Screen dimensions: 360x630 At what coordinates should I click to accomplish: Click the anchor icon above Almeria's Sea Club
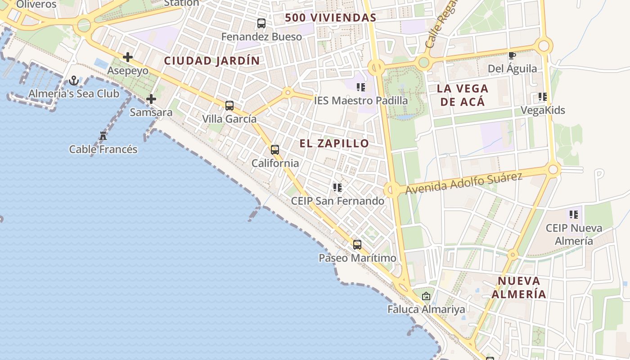point(74,81)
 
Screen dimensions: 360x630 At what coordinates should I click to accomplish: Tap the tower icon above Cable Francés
point(103,136)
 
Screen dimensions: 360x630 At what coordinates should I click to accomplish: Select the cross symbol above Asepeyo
point(128,57)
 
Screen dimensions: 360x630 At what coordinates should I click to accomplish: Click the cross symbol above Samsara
point(151,99)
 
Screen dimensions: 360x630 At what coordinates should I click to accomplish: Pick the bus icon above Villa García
point(229,106)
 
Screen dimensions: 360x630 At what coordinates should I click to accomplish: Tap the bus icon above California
point(275,150)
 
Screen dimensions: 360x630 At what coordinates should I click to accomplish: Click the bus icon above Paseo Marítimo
point(357,245)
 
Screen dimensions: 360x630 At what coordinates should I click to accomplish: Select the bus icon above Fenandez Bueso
point(261,23)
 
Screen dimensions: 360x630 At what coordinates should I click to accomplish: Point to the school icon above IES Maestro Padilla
point(361,87)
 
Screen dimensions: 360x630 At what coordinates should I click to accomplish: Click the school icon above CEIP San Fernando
point(337,188)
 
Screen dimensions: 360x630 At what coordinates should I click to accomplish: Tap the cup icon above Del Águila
point(512,56)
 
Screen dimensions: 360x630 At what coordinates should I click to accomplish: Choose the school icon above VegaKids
point(543,97)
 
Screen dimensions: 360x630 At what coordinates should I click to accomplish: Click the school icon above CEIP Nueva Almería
point(574,215)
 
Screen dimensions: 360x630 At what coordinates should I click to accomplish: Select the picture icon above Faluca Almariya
point(426,297)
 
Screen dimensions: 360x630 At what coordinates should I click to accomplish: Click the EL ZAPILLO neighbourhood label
point(334,144)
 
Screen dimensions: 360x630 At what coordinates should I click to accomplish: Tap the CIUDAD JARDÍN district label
point(212,61)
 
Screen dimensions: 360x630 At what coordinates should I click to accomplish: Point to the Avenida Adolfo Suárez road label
point(463,184)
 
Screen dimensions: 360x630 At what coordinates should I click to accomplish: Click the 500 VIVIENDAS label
point(331,18)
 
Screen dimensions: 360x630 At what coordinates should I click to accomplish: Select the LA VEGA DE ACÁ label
point(463,95)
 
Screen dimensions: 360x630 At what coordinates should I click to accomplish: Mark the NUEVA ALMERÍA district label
point(519,288)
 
